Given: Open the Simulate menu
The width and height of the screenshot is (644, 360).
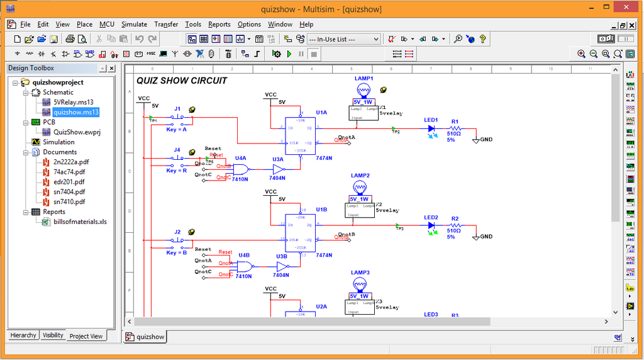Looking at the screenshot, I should coord(134,25).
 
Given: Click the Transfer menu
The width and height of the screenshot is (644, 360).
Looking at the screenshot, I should coord(166,25).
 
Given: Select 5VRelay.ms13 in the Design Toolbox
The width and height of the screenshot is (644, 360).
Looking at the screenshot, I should coord(74,102).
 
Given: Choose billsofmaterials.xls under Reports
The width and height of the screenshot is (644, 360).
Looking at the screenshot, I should coord(80,222).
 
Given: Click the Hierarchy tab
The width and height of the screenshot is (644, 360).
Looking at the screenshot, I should coord(23,335).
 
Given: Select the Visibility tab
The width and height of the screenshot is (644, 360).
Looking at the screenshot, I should coord(53,335).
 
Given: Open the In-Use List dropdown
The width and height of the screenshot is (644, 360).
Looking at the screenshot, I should coord(343,39).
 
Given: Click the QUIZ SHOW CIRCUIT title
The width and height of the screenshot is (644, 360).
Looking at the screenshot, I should coord(182,81).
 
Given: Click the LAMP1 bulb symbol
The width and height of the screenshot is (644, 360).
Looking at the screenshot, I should coord(364,89).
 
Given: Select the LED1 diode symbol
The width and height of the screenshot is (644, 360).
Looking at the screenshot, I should coord(431,128).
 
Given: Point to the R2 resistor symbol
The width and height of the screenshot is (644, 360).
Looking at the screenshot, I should coord(454,225).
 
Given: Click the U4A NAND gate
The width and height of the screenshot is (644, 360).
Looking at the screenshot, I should coord(240,169).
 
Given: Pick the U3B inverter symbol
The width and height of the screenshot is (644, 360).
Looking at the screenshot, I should coord(281,266).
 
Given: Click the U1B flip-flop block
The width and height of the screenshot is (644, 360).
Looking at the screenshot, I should coord(301,233).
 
